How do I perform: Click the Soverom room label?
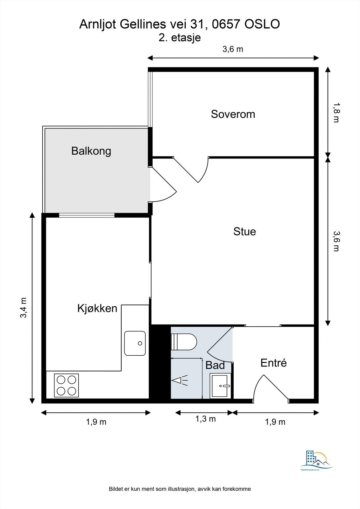coord(233,114)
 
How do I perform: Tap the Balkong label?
coord(91,151)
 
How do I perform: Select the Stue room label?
coord(244,232)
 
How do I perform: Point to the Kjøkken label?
coord(97,308)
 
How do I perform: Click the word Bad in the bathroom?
coord(215,365)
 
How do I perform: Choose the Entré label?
coord(273,363)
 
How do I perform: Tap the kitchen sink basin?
coord(135,343)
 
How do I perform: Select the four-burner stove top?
coord(67,385)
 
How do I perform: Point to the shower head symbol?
coord(180,380)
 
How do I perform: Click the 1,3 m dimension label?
coord(206,419)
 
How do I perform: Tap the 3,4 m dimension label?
coord(24,308)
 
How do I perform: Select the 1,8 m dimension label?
coord(336,113)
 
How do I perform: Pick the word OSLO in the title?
coord(262,24)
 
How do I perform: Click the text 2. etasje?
coord(180,38)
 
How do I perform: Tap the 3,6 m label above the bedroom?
coord(233,49)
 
